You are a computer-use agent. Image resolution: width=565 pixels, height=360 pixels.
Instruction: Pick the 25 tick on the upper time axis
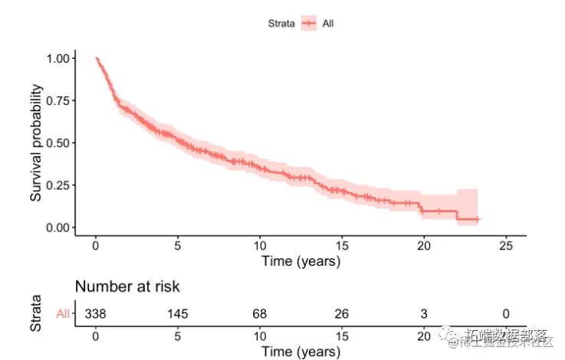(504, 246)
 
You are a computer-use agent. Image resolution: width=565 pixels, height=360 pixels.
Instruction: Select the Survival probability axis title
(36, 142)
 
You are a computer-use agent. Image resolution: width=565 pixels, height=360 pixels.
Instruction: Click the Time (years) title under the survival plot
(301, 261)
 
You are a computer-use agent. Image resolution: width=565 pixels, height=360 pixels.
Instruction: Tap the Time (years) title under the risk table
(301, 352)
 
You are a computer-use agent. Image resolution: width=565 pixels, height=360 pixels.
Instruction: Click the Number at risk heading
(127, 286)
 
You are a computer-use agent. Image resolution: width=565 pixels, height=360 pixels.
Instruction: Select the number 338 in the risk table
(95, 313)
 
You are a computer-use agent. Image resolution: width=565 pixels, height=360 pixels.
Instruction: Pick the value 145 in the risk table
(177, 313)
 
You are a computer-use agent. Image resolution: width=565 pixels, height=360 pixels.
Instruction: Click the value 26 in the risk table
(341, 313)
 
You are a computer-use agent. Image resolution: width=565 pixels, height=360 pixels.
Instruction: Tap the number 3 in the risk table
(423, 313)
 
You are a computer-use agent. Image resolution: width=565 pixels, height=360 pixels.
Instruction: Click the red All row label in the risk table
(63, 313)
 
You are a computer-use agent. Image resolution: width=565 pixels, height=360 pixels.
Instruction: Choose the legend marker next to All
(309, 23)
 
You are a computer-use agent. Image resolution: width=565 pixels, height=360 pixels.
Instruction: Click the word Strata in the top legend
(281, 23)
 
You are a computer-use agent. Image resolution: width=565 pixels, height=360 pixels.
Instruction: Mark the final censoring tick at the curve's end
(477, 219)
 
